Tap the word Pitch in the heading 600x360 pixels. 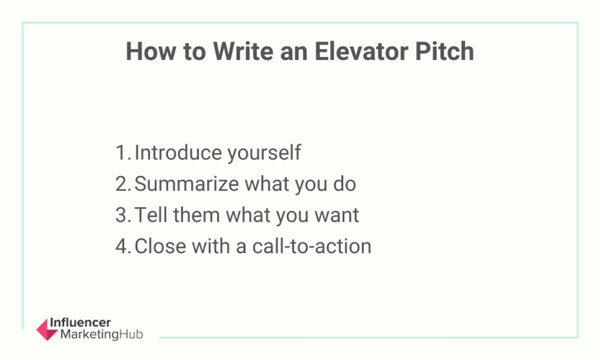tap(446, 52)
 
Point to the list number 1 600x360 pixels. tap(121, 152)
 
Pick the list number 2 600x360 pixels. tap(122, 184)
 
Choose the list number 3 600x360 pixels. tap(122, 215)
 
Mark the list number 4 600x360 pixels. tap(122, 246)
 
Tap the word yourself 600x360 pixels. tap(262, 153)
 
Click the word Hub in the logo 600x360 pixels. tap(132, 335)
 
